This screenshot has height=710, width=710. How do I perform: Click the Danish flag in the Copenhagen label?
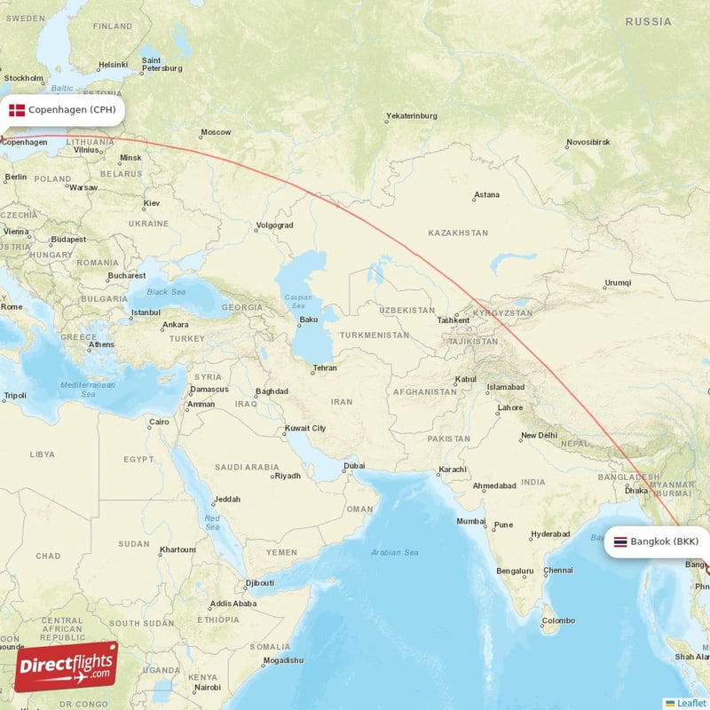coord(17,110)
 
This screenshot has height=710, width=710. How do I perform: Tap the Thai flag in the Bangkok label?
coord(619,541)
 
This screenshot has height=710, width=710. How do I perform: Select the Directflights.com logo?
coord(66,667)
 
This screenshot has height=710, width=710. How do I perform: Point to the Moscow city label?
coord(216,133)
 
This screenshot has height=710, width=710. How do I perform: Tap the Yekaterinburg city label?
coord(412,116)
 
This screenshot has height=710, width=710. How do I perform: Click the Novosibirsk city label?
coord(588,142)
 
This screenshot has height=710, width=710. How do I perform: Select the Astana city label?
coord(486,195)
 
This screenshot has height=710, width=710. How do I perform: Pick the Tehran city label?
coord(324,368)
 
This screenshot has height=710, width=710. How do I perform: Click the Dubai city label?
coord(354,465)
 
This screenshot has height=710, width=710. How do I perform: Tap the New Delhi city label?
coord(539,436)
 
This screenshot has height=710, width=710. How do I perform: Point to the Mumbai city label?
coord(471,521)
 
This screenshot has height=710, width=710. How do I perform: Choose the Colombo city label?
coord(558,620)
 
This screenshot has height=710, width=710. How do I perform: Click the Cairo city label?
coord(159,422)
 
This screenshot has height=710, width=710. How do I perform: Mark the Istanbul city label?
coord(146,312)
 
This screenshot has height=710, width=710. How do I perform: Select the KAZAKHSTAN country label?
coord(458,233)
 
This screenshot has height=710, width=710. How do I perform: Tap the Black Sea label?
coord(166,292)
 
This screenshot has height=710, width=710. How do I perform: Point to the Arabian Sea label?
coord(395,553)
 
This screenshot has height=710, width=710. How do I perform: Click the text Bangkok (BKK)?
coord(664,541)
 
